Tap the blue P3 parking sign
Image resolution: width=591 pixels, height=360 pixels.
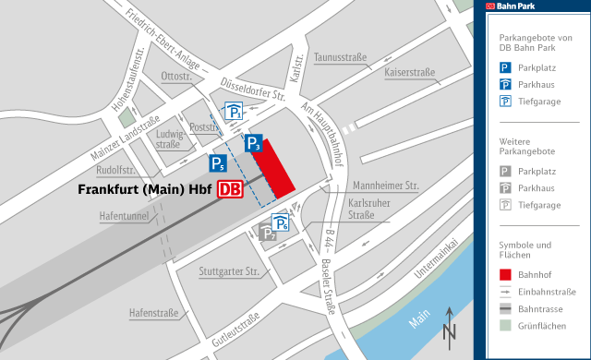(x=255, y=143)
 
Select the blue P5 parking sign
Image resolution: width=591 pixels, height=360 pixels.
(x=218, y=164)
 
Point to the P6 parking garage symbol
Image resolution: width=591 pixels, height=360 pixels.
(x=281, y=222)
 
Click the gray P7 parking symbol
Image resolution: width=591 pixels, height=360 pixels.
(x=268, y=234)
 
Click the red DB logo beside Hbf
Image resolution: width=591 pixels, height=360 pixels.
(x=228, y=191)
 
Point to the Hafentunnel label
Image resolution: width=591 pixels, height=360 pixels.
(x=124, y=216)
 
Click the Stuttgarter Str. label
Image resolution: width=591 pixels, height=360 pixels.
(x=228, y=271)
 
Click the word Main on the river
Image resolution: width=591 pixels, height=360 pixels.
(x=420, y=317)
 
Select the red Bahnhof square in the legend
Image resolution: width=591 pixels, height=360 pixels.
(x=506, y=274)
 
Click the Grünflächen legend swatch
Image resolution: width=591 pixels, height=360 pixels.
(x=506, y=325)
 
